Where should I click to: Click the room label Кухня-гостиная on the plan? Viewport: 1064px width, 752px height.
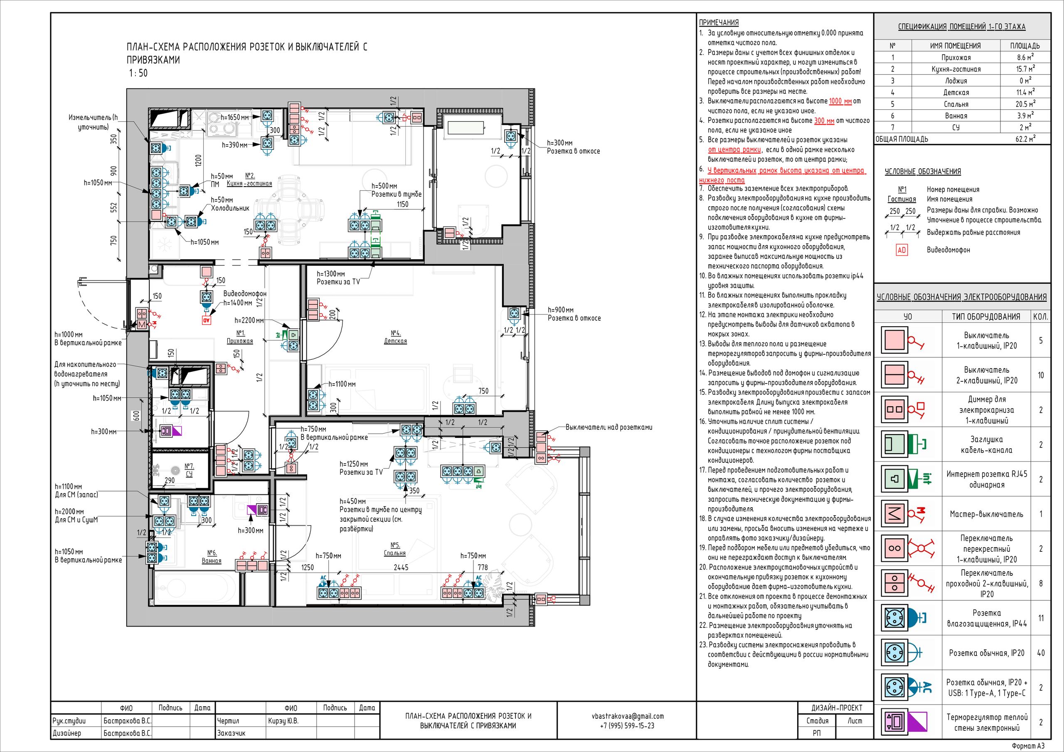249,184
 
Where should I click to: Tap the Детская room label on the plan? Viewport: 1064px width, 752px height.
395,341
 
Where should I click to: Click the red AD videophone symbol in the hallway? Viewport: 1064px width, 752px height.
207,320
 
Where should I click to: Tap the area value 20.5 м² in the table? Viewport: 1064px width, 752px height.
1025,104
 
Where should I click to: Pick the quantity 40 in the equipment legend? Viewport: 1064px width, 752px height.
1041,653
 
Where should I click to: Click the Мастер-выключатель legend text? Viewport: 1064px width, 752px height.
987,514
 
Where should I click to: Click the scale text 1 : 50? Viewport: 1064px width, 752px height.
138,73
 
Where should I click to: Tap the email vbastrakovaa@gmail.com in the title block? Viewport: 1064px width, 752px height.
628,716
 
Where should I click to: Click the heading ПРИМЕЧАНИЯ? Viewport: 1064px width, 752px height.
719,22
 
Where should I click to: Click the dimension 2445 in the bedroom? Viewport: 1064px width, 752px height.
401,567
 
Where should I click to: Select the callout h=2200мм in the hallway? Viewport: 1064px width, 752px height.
249,320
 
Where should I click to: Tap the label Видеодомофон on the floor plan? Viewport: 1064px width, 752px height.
245,293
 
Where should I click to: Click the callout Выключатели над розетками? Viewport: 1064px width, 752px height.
609,427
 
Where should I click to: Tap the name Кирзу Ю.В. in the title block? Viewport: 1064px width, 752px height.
283,721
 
